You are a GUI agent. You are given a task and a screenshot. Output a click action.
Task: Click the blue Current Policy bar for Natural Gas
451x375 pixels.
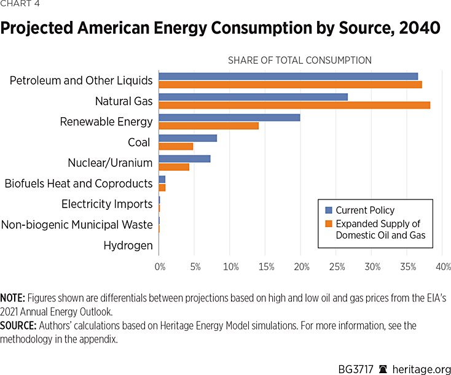[253, 97]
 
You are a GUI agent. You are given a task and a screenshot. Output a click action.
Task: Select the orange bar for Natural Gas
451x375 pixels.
[294, 105]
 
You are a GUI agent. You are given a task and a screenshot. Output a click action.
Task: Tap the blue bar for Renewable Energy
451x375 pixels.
[229, 117]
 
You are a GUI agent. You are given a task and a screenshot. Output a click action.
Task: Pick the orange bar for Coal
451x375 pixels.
[176, 146]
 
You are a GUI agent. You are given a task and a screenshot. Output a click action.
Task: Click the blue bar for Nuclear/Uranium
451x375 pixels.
[184, 159]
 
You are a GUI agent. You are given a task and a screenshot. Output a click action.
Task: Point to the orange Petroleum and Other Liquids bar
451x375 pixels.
[290, 84]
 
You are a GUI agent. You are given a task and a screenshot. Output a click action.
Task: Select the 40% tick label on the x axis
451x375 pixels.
[443, 268]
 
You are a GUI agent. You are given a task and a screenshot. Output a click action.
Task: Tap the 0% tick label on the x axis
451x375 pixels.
[160, 268]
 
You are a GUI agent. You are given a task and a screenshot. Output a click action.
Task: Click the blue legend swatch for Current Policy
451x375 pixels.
[328, 211]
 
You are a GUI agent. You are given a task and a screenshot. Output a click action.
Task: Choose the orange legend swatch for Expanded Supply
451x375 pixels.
[328, 224]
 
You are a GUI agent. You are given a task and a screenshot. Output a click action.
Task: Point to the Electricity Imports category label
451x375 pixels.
[107, 204]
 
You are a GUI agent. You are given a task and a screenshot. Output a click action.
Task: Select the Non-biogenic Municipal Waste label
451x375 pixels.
[77, 225]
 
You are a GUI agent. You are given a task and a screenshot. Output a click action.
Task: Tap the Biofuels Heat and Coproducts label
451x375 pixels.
[79, 183]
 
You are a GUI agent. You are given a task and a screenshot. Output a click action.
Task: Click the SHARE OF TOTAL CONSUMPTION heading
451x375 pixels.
[299, 60]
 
